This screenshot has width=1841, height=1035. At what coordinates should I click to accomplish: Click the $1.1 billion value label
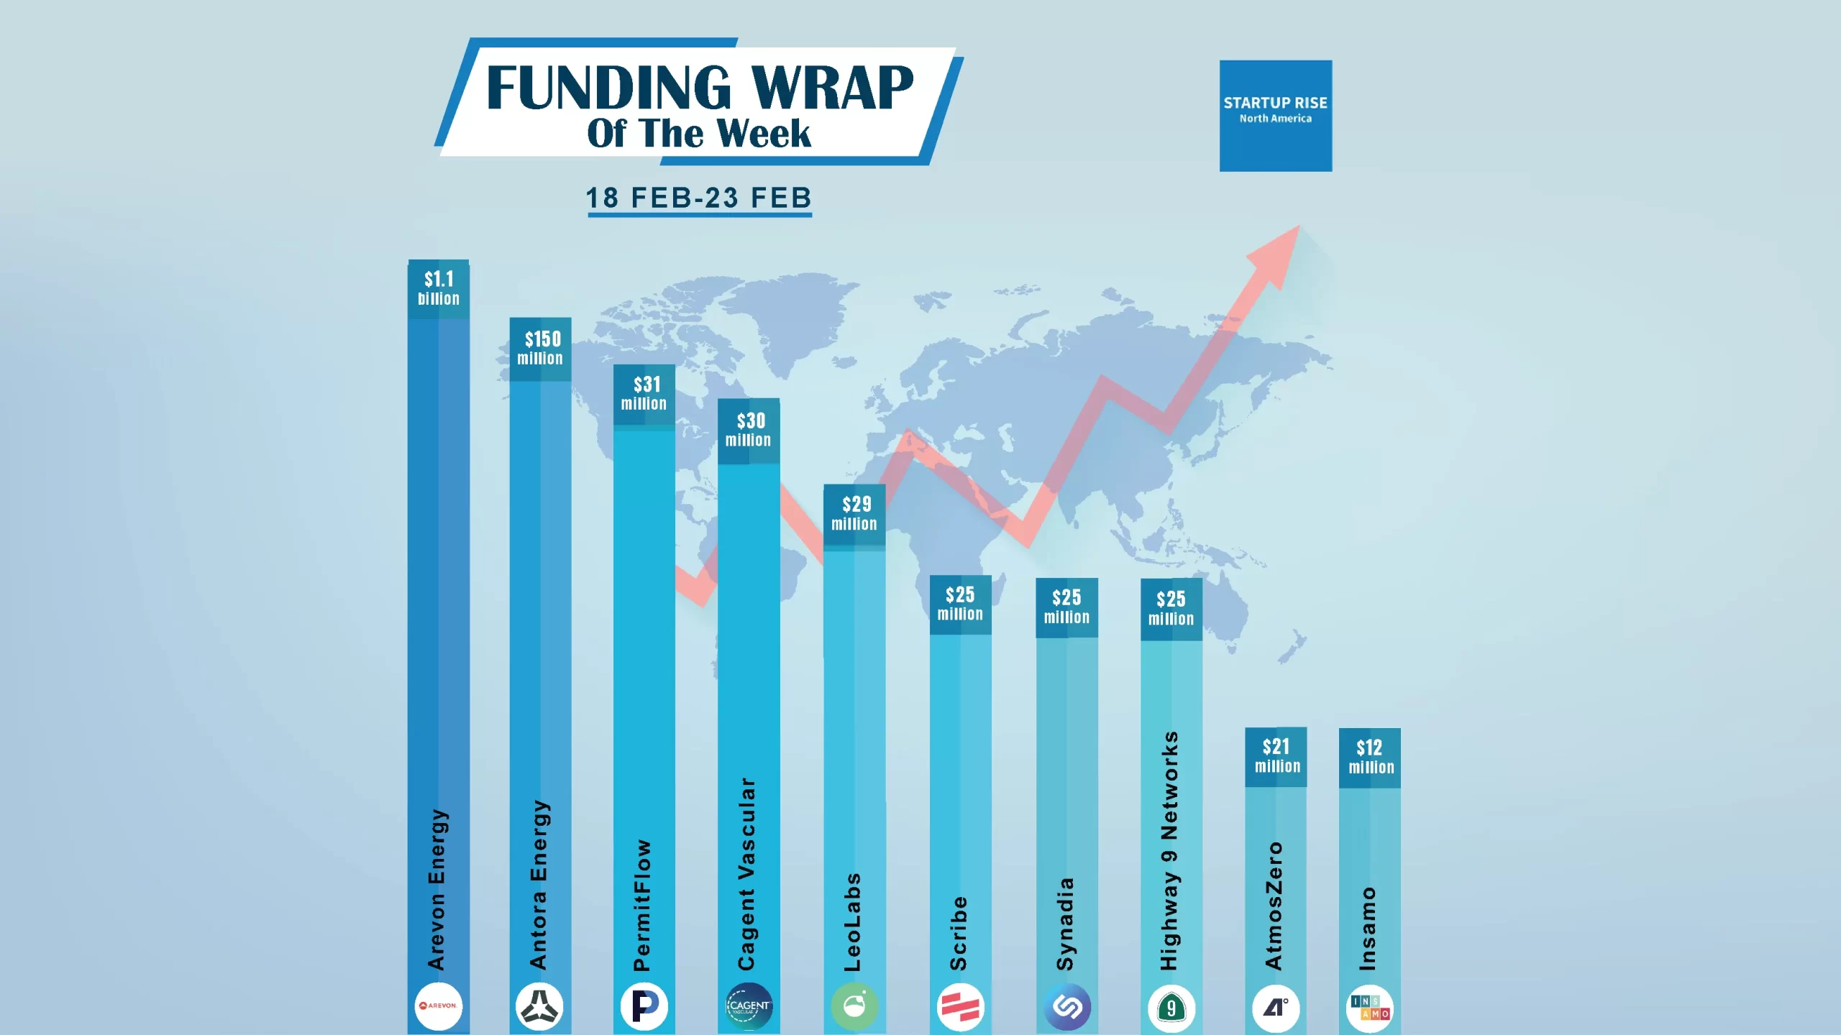click(x=439, y=289)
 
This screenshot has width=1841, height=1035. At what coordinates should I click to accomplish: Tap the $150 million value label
click(x=540, y=349)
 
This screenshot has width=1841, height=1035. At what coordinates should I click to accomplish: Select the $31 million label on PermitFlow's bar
click(x=644, y=394)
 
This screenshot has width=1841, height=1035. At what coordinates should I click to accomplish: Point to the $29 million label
click(x=854, y=514)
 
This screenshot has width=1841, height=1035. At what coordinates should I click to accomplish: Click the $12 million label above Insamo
click(x=1371, y=758)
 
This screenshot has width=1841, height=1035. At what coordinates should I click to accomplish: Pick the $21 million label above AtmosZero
click(x=1277, y=756)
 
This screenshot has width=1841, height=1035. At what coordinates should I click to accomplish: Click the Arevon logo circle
click(x=439, y=1006)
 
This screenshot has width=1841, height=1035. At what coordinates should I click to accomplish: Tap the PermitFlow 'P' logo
click(x=644, y=1006)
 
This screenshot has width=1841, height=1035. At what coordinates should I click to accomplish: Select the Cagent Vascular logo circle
click(x=749, y=1006)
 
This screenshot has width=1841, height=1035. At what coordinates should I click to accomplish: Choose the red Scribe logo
click(x=961, y=1007)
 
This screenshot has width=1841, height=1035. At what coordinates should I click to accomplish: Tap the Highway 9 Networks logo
click(x=1171, y=1008)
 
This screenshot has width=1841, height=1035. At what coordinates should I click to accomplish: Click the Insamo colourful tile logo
click(x=1370, y=1008)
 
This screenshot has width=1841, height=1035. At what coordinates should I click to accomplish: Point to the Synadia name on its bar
click(x=1065, y=924)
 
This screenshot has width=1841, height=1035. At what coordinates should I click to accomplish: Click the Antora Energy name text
click(x=539, y=885)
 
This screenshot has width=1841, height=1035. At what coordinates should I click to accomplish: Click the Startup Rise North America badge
click(x=1276, y=116)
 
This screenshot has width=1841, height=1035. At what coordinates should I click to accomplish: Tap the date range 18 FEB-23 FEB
click(x=699, y=198)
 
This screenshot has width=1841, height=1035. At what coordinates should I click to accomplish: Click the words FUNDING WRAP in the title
click(x=700, y=88)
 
